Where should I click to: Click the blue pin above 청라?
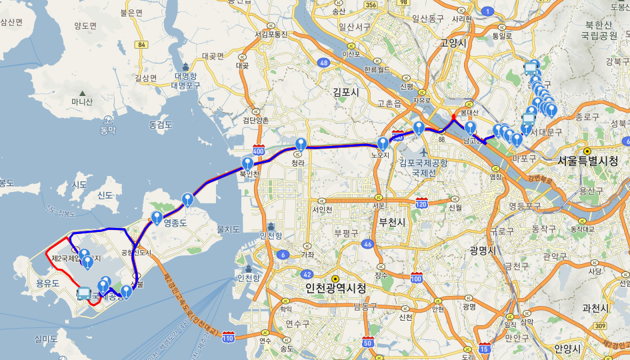(x=301, y=145)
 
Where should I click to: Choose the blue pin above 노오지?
(x=383, y=143)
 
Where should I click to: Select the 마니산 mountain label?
(x=82, y=101)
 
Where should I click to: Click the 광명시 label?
(x=482, y=251)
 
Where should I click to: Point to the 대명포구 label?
(x=185, y=85)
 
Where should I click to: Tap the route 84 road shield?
(x=140, y=45)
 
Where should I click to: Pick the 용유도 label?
(x=48, y=284)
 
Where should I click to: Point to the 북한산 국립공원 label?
(x=598, y=30)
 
